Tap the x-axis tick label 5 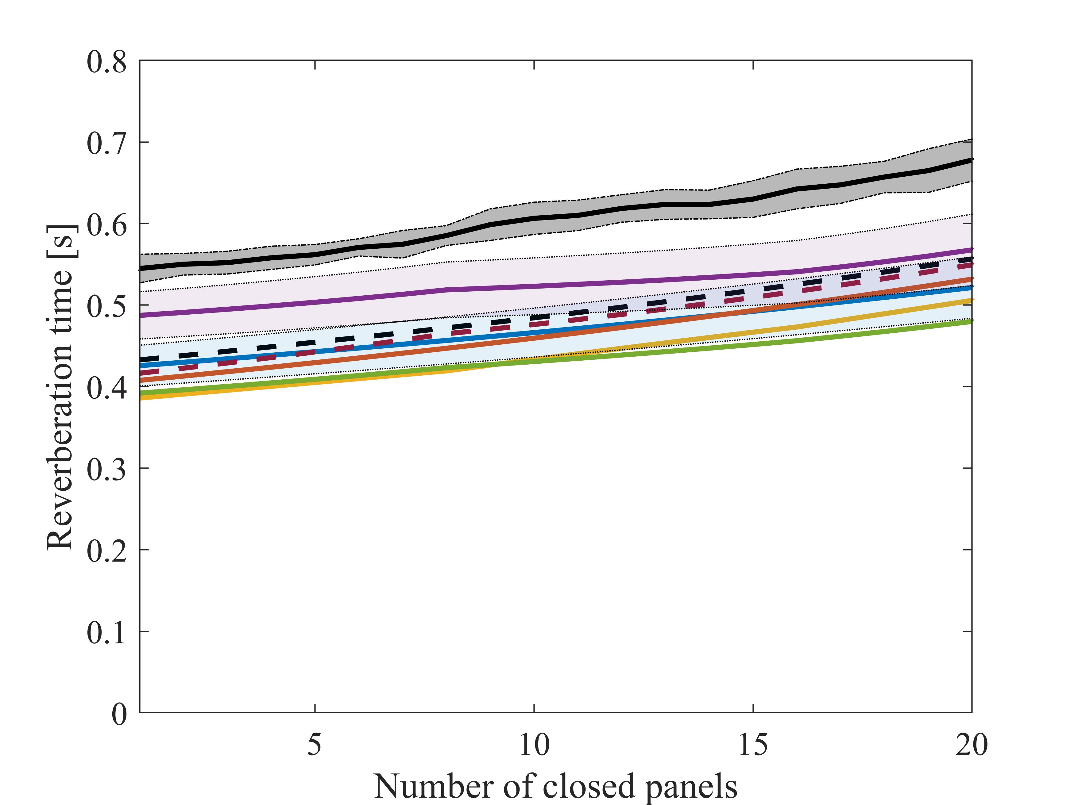pos(315,745)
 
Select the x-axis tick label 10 pos(534,745)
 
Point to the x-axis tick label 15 pos(753,745)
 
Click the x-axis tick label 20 pos(972,745)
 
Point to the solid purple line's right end pos(971,249)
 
